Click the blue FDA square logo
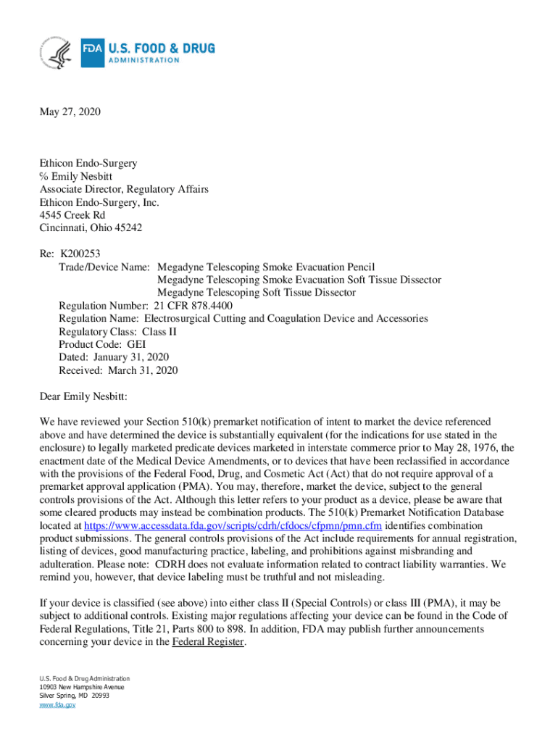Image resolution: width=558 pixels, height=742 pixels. [x=91, y=53]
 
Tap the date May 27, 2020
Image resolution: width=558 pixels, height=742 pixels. [x=70, y=112]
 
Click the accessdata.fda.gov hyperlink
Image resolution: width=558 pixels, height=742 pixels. [x=233, y=525]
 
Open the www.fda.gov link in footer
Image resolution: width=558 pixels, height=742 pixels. [x=57, y=704]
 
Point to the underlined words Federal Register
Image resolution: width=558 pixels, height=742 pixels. [x=208, y=642]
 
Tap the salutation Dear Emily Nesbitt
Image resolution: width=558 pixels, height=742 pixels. [x=83, y=396]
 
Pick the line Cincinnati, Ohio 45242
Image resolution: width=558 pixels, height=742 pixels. [x=91, y=228]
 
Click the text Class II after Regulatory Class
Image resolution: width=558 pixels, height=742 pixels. [x=159, y=331]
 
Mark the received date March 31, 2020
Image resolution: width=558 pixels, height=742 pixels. [x=143, y=370]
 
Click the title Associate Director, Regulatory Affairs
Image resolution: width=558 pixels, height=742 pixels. [x=124, y=189]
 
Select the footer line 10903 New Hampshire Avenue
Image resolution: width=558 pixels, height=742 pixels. [x=82, y=687]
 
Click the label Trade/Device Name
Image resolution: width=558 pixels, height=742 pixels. [x=104, y=267]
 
